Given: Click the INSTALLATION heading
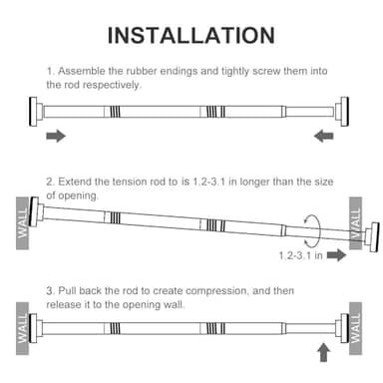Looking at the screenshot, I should click(x=191, y=36).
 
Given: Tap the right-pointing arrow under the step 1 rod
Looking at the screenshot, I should click(x=57, y=135).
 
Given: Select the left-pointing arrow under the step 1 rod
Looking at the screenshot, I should click(x=324, y=135).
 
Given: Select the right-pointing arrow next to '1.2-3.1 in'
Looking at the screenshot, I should click(x=336, y=255).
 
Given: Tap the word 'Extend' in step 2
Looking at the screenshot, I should click(x=78, y=183).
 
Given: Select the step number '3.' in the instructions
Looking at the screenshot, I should click(x=51, y=289).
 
